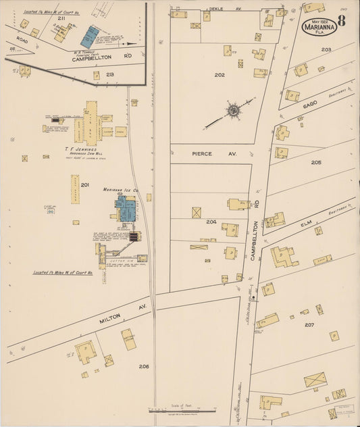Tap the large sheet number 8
coord(342,20)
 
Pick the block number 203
coord(326,50)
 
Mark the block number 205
coord(316,163)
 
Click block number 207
coord(309,325)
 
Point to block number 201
coord(84,185)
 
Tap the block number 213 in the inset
coord(109,74)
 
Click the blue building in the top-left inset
coord(89,36)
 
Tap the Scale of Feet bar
coord(182,409)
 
